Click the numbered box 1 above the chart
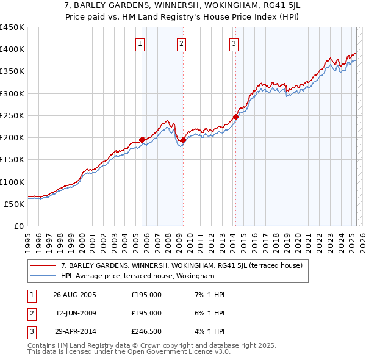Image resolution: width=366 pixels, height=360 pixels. click(x=140, y=43)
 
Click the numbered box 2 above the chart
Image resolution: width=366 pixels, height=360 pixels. click(x=182, y=43)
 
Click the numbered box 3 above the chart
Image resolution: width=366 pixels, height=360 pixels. click(x=234, y=43)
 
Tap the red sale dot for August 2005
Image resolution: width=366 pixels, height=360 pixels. click(x=142, y=140)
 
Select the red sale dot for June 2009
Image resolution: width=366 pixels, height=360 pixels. click(x=183, y=140)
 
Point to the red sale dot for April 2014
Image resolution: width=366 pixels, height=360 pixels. click(x=235, y=117)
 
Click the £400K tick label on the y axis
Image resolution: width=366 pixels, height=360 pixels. click(x=12, y=49)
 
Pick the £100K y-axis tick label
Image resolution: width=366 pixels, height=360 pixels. click(x=12, y=182)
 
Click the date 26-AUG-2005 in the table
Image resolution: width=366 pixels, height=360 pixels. click(x=74, y=295)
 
